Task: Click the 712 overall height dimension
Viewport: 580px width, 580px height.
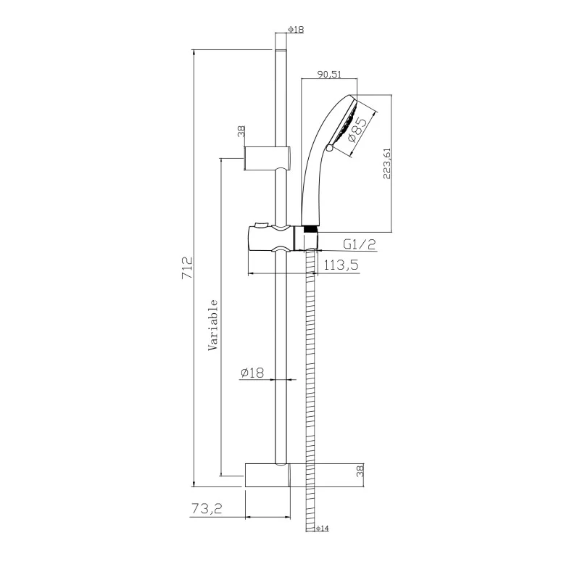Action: click(x=188, y=268)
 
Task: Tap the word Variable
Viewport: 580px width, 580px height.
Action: click(x=213, y=325)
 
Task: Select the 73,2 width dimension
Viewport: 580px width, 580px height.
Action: click(x=207, y=509)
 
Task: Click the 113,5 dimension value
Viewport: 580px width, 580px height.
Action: click(x=341, y=265)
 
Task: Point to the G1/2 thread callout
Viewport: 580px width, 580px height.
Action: click(x=359, y=244)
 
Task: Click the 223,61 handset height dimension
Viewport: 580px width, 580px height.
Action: click(x=386, y=164)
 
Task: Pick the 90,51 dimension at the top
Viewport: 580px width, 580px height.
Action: click(x=329, y=74)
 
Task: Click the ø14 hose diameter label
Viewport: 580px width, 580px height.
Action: click(x=323, y=529)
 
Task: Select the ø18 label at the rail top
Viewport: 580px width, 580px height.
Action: click(x=297, y=29)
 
